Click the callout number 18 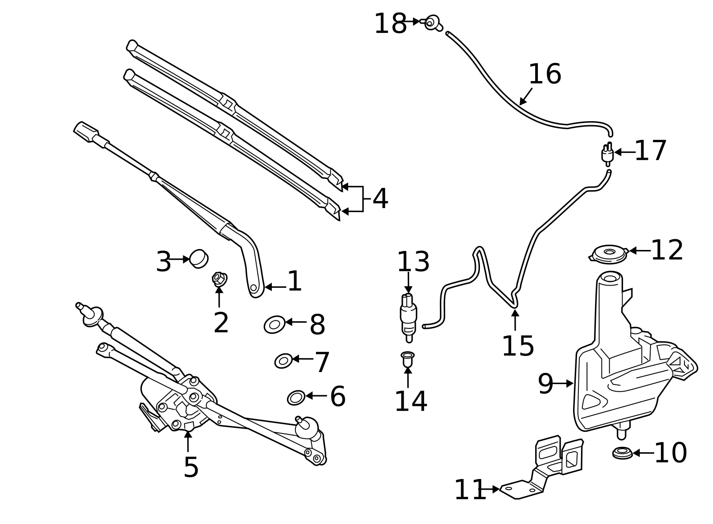point(390,24)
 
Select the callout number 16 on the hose point(545,74)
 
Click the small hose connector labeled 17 point(607,154)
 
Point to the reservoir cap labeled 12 point(608,254)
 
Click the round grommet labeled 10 point(622,453)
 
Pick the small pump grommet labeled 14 point(407,359)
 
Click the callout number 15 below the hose point(518,346)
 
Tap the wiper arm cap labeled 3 point(199,259)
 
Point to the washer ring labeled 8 point(275,324)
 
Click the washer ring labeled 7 point(283,360)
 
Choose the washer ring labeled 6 point(296,397)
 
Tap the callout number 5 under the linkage point(191,467)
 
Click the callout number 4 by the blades point(380,199)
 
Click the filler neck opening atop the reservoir point(609,279)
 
